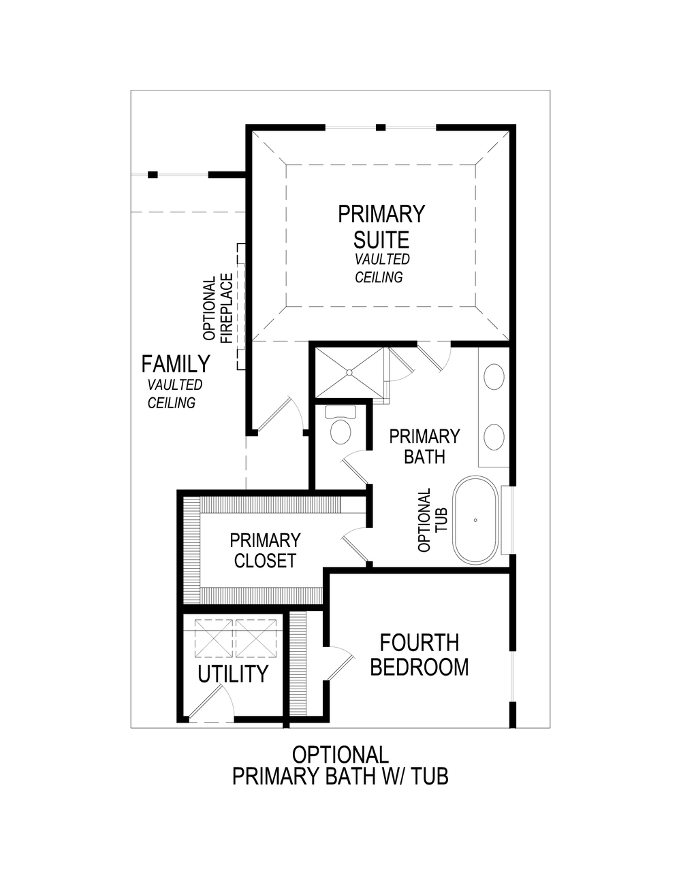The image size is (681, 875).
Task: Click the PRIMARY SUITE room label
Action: pos(381,227)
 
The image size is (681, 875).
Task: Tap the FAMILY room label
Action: pos(175,364)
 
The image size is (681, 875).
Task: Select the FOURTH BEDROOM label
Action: pos(419,655)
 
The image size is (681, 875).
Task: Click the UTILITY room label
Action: pos(233,674)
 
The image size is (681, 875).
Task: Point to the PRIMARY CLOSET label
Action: pos(265,550)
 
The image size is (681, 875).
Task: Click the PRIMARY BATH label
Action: pos(424,446)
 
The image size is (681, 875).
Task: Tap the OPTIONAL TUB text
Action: pos(433,521)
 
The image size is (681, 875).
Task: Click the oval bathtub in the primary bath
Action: pos(475,521)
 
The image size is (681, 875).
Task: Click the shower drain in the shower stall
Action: pos(349,372)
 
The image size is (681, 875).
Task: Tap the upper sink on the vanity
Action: pos(494,376)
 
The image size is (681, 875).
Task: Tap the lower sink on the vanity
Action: pos(494,436)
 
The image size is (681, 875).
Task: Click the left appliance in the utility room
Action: pos(214,638)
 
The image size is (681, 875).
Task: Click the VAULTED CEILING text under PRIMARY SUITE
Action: pos(381,268)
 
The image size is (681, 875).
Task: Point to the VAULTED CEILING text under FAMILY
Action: pos(174,394)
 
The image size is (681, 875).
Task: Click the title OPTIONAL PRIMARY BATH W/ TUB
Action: pos(340,765)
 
